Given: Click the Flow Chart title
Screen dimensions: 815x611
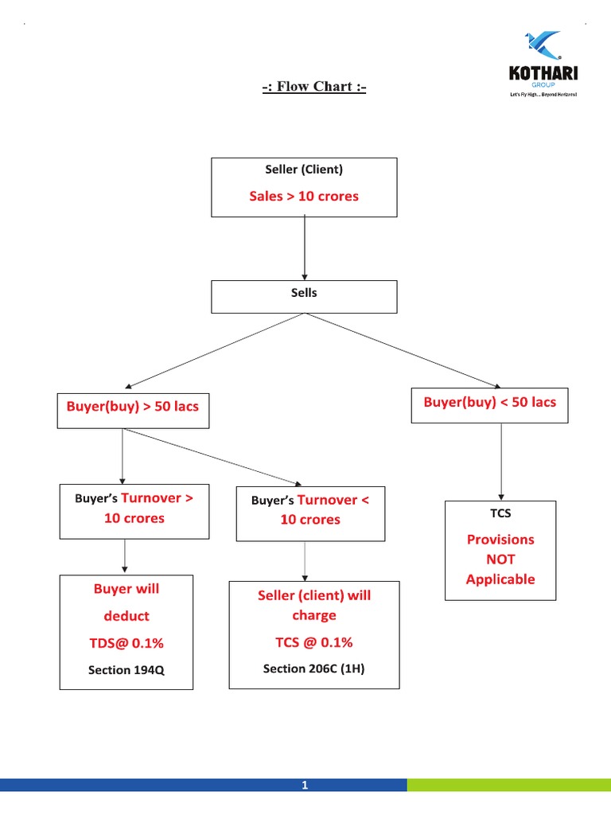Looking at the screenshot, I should coord(314,86).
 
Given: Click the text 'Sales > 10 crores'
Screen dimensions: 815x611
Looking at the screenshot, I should coord(304,196).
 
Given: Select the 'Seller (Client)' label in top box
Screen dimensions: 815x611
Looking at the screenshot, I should coord(304,170).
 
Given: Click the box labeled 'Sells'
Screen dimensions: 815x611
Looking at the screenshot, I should coord(304,296).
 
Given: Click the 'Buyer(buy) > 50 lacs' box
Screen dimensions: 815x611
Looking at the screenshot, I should coord(133,407).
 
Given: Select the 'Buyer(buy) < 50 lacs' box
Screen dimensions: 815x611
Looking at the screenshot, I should coord(489,403).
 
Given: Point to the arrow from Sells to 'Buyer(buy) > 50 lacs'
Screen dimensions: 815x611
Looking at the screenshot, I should coord(215,350).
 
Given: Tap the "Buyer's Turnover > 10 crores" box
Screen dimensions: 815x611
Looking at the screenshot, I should coord(134,510).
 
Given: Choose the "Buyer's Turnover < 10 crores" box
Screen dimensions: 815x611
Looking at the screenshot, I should coord(310,512).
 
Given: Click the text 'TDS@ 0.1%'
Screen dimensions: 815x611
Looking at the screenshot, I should coord(126,643).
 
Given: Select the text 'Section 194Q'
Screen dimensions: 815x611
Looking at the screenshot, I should coord(126,670).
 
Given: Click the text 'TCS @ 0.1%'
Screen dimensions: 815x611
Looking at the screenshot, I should coord(313,642).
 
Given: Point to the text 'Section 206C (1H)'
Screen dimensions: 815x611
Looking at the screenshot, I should coord(313,669).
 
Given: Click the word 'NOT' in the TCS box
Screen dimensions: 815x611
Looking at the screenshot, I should coord(500,560).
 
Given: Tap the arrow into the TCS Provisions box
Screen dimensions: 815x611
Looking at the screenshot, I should coord(500,462).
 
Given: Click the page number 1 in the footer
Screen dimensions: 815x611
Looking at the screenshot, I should coord(304,786).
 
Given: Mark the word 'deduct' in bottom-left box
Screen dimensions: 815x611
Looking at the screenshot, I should coord(126,616).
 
